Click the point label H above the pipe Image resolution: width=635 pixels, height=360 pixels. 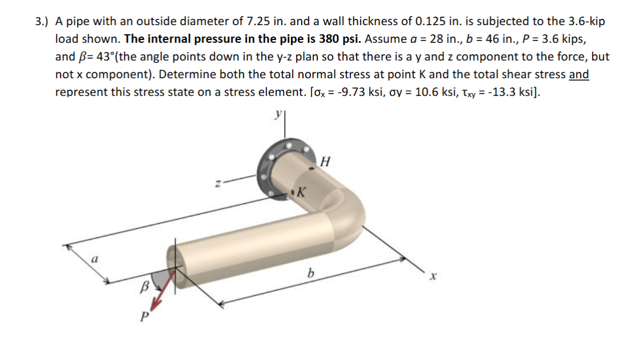point(326,161)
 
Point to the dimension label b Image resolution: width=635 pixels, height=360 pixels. point(310,274)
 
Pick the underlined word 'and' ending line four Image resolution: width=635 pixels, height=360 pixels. point(579,75)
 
